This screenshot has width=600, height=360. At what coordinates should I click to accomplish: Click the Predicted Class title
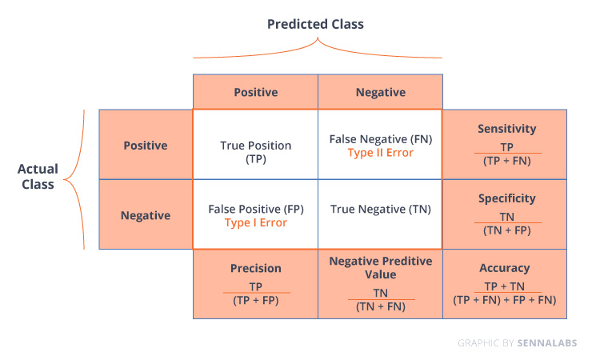point(315,24)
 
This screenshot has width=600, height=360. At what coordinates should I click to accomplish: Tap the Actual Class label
point(38,176)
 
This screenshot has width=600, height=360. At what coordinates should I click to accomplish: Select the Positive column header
point(256,92)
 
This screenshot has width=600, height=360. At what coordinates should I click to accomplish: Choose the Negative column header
point(381,92)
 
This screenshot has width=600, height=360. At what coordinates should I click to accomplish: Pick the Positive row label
point(146,146)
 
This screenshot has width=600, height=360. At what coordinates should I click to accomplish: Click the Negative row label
point(146,215)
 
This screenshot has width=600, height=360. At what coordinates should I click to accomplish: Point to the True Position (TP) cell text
point(256,152)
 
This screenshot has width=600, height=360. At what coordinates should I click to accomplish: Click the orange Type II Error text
point(380,153)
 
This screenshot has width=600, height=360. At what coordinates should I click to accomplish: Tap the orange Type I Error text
point(256,222)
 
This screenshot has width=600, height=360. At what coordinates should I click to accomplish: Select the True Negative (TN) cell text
point(381,210)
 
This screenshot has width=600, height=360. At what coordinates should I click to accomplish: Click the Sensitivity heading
point(506,129)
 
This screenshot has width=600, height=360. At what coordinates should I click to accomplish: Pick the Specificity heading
point(506,198)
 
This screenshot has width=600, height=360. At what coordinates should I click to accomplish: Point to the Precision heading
point(256,268)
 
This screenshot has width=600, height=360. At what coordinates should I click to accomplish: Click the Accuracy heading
point(504,268)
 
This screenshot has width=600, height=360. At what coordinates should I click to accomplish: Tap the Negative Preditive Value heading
point(380,268)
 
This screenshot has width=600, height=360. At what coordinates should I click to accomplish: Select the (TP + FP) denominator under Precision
point(256,301)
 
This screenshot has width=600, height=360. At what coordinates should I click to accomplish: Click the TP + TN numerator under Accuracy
point(504,286)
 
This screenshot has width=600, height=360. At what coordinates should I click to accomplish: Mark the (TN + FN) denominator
point(380,307)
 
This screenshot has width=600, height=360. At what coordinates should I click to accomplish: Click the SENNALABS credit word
point(547,342)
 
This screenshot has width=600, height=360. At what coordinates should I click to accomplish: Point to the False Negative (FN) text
point(381,139)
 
